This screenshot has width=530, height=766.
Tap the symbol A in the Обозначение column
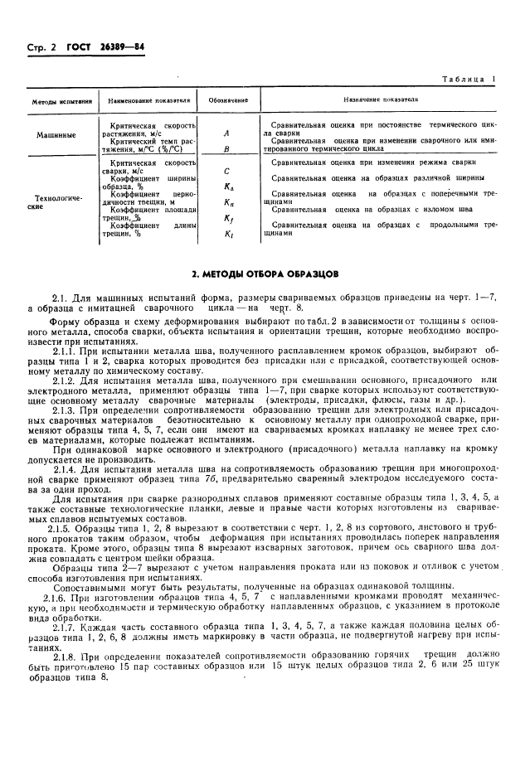click(227, 132)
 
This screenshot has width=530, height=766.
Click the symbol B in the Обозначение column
click(227, 149)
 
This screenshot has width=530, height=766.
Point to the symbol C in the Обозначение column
click(227, 172)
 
